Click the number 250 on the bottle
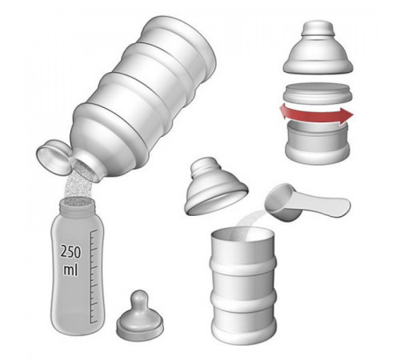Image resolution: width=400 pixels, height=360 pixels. [x=70, y=252]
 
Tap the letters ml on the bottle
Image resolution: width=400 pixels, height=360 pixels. [x=70, y=270]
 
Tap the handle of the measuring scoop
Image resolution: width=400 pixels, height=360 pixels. [x=326, y=205]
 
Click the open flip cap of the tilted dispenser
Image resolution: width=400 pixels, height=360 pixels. [x=54, y=157]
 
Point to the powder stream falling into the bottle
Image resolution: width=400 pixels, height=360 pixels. [x=78, y=186]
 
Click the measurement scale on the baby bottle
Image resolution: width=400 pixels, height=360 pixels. [x=94, y=276]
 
